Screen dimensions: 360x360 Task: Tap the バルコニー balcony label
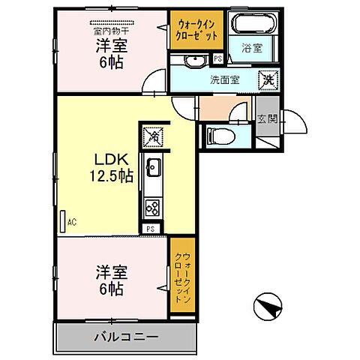(x=126, y=336)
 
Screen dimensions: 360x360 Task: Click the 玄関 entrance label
(x=266, y=118)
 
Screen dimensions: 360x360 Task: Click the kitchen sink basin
(x=152, y=166)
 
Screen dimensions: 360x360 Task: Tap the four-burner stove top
(x=152, y=206)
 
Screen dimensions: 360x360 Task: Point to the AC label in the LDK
(x=72, y=223)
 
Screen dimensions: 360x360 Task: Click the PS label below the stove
(x=151, y=228)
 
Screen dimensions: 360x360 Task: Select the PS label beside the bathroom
(x=218, y=58)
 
